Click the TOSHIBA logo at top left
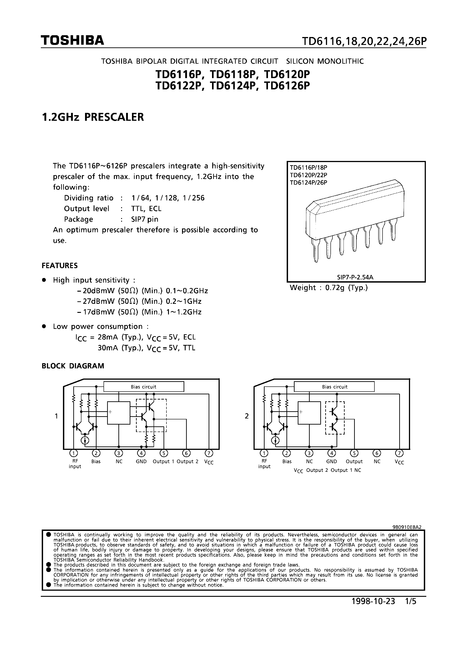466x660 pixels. (72, 41)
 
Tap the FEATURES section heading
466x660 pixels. (60, 266)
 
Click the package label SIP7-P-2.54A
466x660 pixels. (355, 277)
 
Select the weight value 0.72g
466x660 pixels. (335, 288)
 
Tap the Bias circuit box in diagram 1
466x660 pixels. (143, 387)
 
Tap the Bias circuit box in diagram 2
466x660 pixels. (335, 387)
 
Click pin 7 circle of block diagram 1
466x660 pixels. (209, 453)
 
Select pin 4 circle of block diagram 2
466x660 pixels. (332, 453)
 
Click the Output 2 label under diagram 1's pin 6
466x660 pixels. (187, 461)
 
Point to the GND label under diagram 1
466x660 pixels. (141, 461)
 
